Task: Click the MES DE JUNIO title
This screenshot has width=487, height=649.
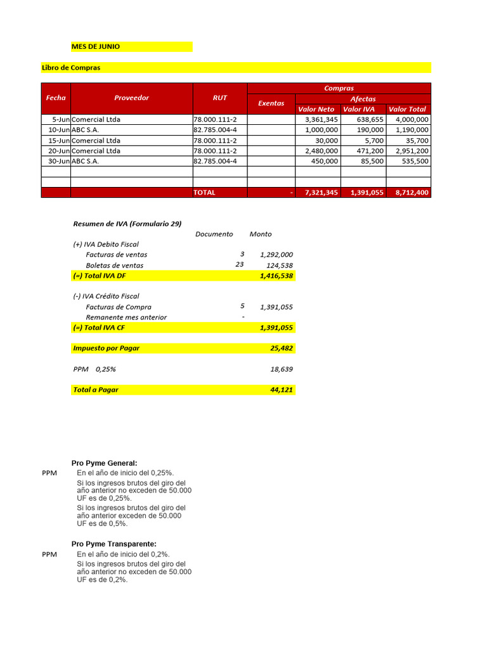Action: point(95,47)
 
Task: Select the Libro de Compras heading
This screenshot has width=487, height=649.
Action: point(71,68)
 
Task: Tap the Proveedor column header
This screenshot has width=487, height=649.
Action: point(131,98)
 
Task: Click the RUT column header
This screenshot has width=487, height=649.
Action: point(219,98)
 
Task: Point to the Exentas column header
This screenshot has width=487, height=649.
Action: point(271,103)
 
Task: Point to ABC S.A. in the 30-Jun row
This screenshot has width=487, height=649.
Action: point(86,162)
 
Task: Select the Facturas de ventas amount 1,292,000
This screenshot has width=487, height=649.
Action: point(276,255)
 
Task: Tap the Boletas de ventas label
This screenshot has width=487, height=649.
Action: point(114,266)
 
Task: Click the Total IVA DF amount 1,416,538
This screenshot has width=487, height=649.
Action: point(276,276)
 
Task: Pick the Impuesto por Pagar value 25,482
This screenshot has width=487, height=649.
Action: point(282,348)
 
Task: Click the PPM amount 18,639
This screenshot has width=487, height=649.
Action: point(282,369)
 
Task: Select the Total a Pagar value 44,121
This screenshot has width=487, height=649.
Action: point(282,390)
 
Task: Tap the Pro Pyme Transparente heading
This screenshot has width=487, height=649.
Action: point(114,544)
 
